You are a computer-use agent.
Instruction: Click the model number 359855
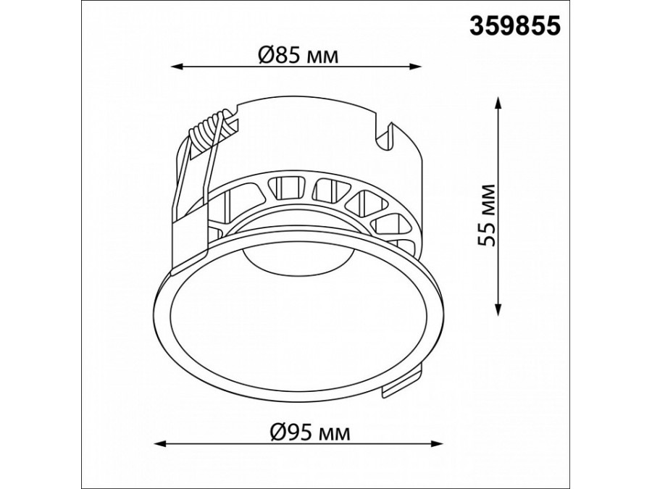click(x=515, y=25)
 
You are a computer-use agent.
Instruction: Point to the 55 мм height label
click(x=487, y=215)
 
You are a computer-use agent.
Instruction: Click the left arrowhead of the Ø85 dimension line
click(x=177, y=66)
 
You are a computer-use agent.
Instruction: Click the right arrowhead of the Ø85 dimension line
click(x=417, y=66)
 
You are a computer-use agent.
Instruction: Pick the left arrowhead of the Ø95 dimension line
click(x=160, y=443)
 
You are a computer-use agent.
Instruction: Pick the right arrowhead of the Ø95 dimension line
click(x=437, y=443)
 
